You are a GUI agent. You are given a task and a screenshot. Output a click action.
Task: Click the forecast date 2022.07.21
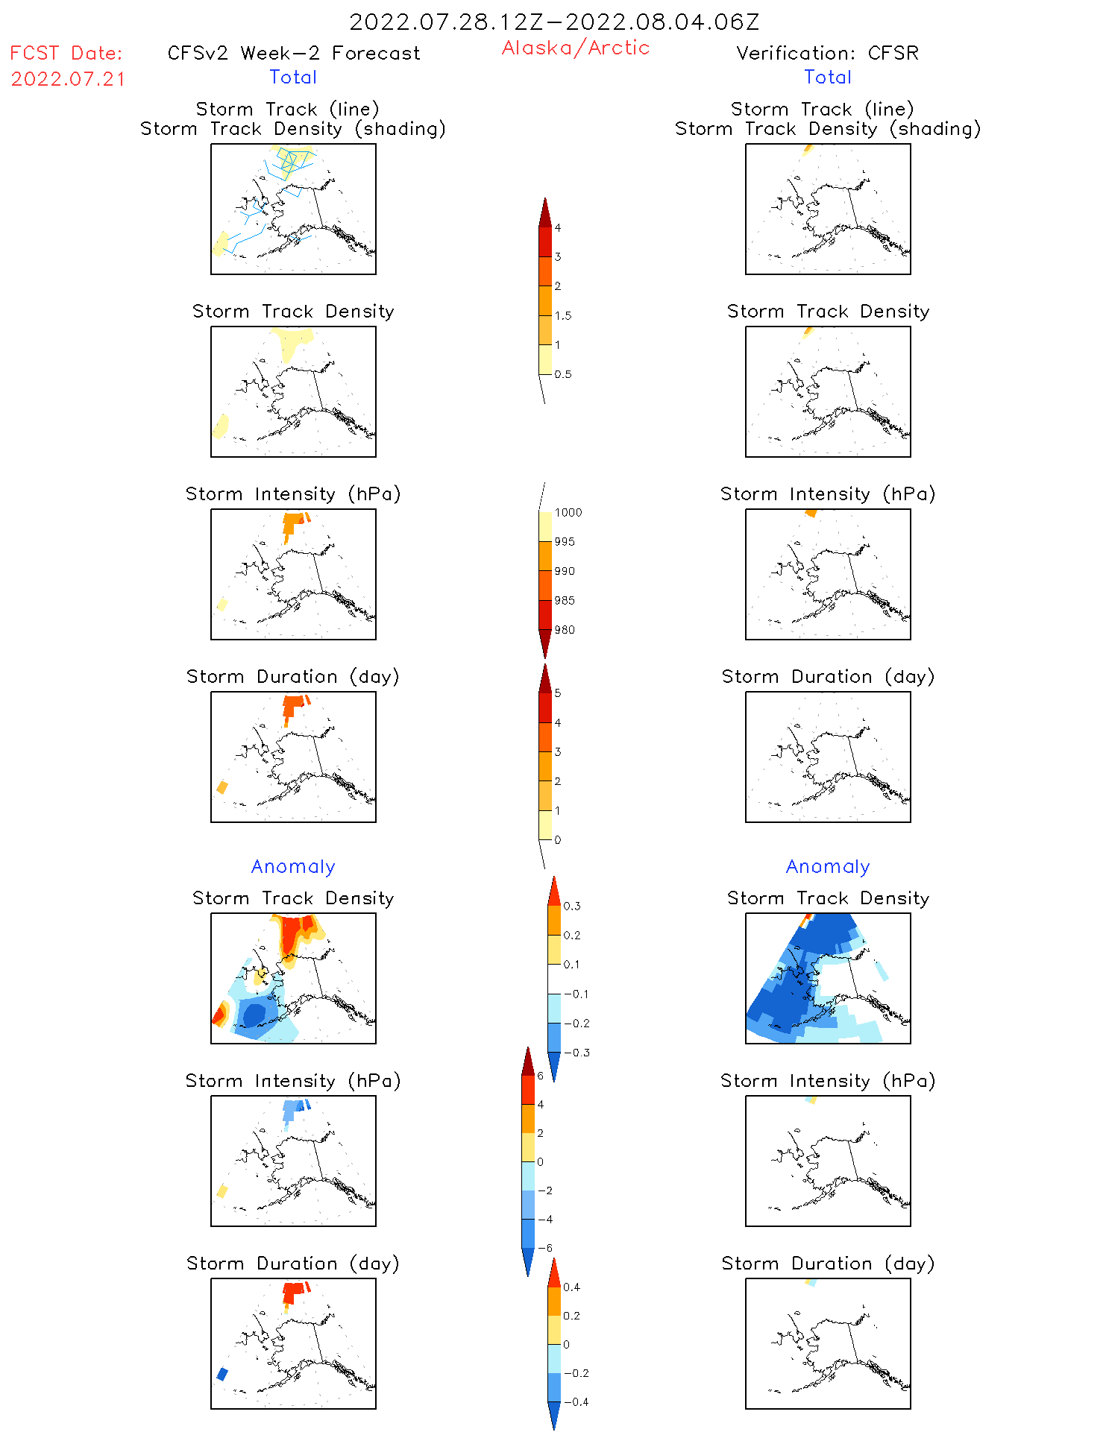(68, 79)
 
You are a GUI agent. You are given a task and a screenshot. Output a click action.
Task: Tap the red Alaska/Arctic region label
(575, 48)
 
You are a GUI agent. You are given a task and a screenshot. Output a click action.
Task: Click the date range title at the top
(554, 22)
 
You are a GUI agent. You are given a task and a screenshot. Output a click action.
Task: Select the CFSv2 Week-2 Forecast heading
(293, 53)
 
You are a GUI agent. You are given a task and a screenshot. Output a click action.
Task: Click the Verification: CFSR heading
(827, 53)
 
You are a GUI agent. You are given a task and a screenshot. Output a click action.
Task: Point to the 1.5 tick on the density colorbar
(563, 315)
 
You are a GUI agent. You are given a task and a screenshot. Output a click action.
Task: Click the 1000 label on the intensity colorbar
(568, 512)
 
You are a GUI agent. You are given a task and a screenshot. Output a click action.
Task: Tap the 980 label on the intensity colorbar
(565, 630)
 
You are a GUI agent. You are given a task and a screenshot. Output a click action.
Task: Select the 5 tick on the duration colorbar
(557, 693)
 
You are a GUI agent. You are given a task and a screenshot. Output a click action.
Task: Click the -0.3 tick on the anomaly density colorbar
(576, 1053)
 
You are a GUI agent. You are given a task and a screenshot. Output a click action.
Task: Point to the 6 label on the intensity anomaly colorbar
(540, 1076)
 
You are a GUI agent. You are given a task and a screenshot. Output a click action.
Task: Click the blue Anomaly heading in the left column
(293, 866)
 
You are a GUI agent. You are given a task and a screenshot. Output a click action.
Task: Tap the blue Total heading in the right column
(827, 77)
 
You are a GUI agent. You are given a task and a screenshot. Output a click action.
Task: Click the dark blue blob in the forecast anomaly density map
(254, 1014)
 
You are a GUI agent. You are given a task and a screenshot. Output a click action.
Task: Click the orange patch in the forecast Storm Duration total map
(295, 704)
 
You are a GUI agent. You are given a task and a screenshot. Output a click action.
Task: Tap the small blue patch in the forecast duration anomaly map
(222, 1374)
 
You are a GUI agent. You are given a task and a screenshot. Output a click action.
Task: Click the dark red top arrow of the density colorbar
(545, 212)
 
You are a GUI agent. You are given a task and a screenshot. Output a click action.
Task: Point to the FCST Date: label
(66, 53)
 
